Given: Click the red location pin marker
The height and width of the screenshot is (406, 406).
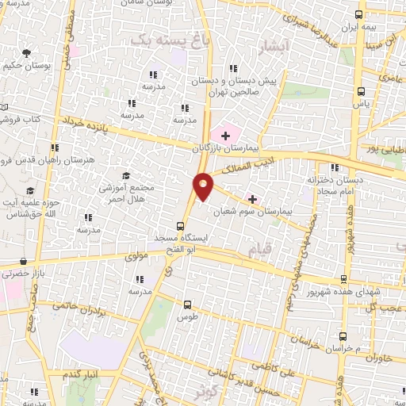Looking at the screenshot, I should [203, 186].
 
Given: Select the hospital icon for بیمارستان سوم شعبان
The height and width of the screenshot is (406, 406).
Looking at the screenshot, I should [253, 198].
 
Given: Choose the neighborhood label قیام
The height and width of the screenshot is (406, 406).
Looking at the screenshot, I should [259, 251].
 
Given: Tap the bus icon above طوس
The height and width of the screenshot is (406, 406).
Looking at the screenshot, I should [188, 304].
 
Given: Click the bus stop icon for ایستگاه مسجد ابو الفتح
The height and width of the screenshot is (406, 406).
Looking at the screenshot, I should [179, 225].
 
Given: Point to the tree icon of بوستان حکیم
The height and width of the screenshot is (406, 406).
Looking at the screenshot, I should [27, 53].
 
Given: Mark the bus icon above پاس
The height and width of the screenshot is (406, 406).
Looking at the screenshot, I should [361, 90].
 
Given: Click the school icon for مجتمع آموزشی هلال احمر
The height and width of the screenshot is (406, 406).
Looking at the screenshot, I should [125, 175].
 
